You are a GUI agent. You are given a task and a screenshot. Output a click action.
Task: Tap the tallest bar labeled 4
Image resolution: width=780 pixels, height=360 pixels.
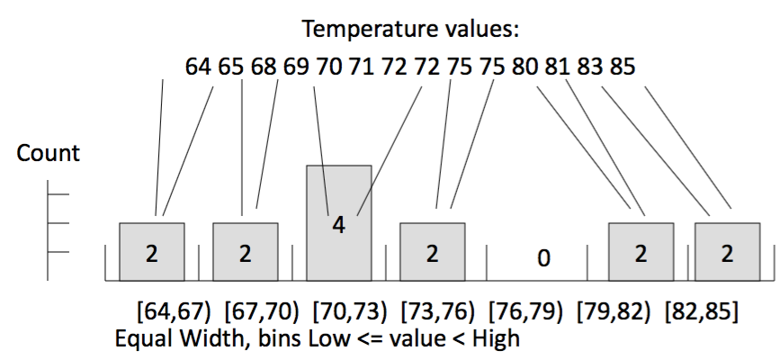click(338, 222)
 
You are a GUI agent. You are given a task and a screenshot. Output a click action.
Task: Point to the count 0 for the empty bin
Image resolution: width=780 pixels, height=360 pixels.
click(542, 258)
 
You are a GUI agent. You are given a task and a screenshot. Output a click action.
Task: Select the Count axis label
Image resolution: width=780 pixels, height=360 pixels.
click(49, 153)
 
